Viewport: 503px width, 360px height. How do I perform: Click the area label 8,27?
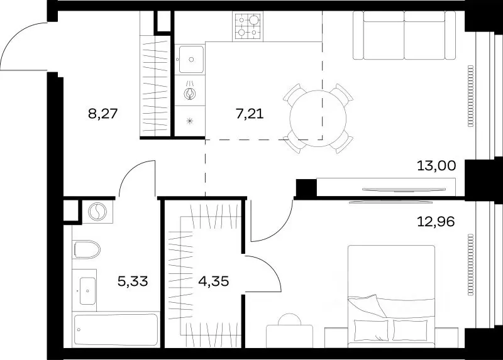(x=103, y=114)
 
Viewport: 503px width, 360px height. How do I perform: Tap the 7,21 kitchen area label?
(x=250, y=114)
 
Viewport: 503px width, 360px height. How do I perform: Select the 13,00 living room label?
(x=436, y=166)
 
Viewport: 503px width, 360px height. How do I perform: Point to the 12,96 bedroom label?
(x=436, y=222)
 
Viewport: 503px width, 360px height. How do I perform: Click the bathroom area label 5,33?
(x=133, y=281)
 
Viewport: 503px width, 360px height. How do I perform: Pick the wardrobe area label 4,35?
(x=214, y=281)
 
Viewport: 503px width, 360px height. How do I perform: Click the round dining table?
(x=318, y=118)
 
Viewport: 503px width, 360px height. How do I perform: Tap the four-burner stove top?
(x=248, y=26)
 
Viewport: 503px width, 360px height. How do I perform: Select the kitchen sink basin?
(x=191, y=59)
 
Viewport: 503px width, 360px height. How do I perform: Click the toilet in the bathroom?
(x=86, y=249)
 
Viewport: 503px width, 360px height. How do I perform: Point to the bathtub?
(x=116, y=330)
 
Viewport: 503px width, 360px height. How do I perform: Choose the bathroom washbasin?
(x=87, y=291)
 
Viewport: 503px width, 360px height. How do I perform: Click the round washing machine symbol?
(x=97, y=212)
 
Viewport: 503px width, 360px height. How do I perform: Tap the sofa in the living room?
(x=404, y=35)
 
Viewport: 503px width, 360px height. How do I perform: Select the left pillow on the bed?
(x=371, y=330)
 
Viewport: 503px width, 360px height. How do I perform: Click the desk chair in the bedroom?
(x=289, y=319)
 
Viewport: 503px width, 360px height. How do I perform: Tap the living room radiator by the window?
(x=470, y=96)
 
